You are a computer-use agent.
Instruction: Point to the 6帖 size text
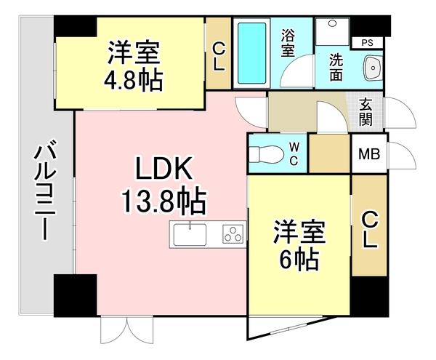(298, 257)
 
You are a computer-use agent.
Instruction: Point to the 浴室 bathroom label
(288, 44)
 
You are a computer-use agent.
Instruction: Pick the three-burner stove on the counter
(233, 235)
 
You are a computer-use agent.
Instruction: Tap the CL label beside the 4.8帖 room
(218, 56)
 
